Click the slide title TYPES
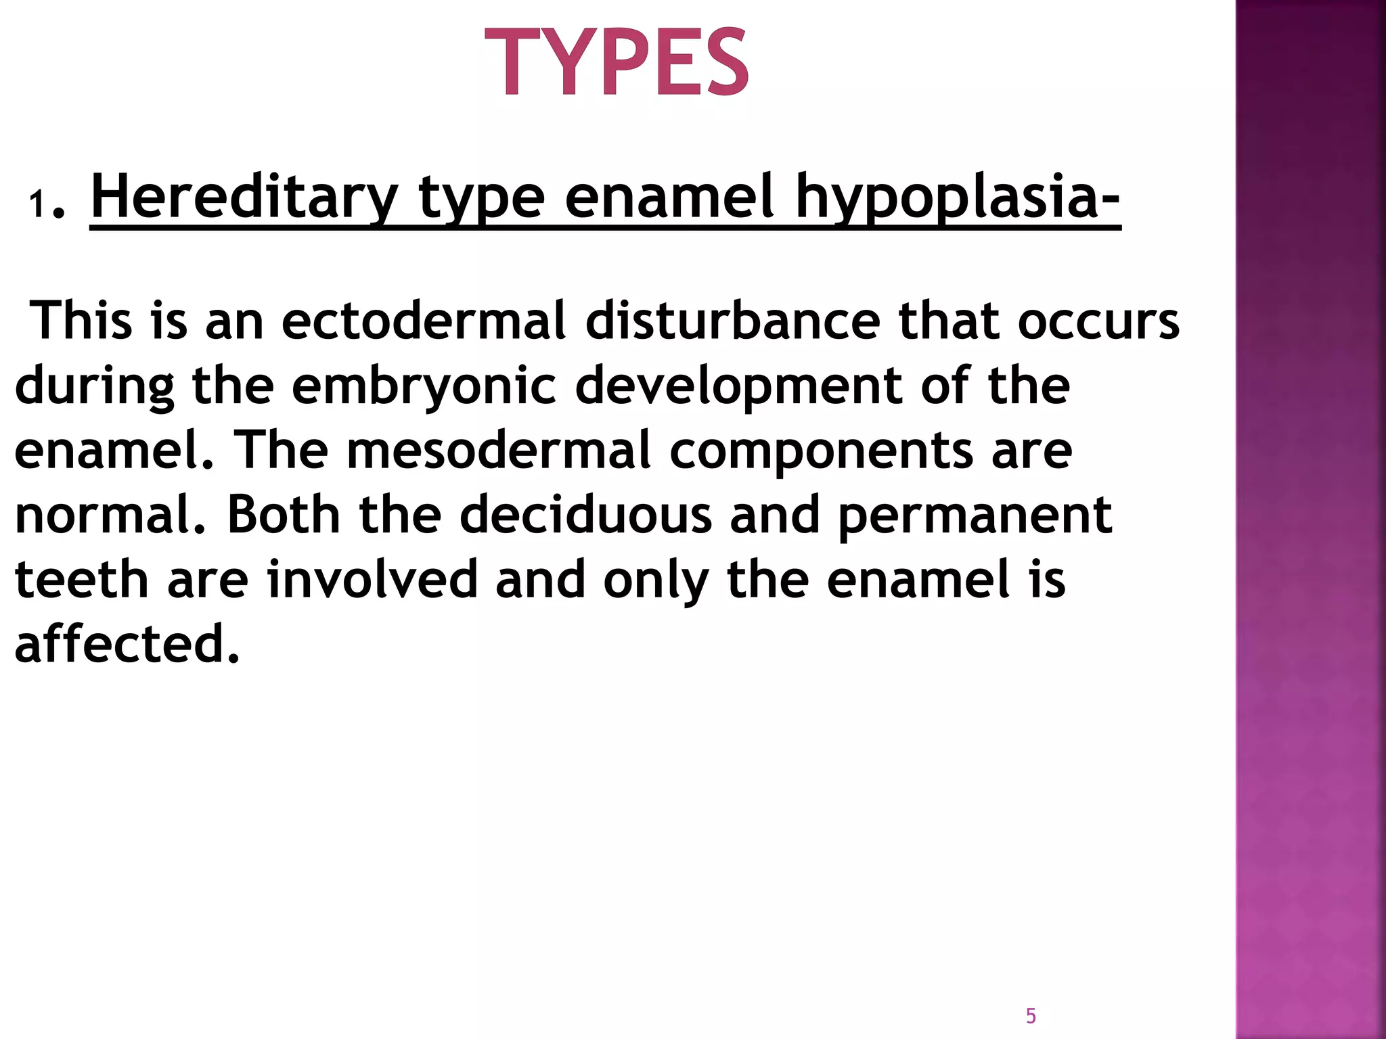pyautogui.click(x=617, y=62)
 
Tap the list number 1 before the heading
pyautogui.click(x=37, y=204)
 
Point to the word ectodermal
pyautogui.click(x=424, y=321)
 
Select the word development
pyautogui.click(x=738, y=386)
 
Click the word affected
pyautogui.click(x=127, y=643)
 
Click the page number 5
pyautogui.click(x=1031, y=1015)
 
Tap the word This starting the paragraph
pyautogui.click(x=82, y=321)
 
